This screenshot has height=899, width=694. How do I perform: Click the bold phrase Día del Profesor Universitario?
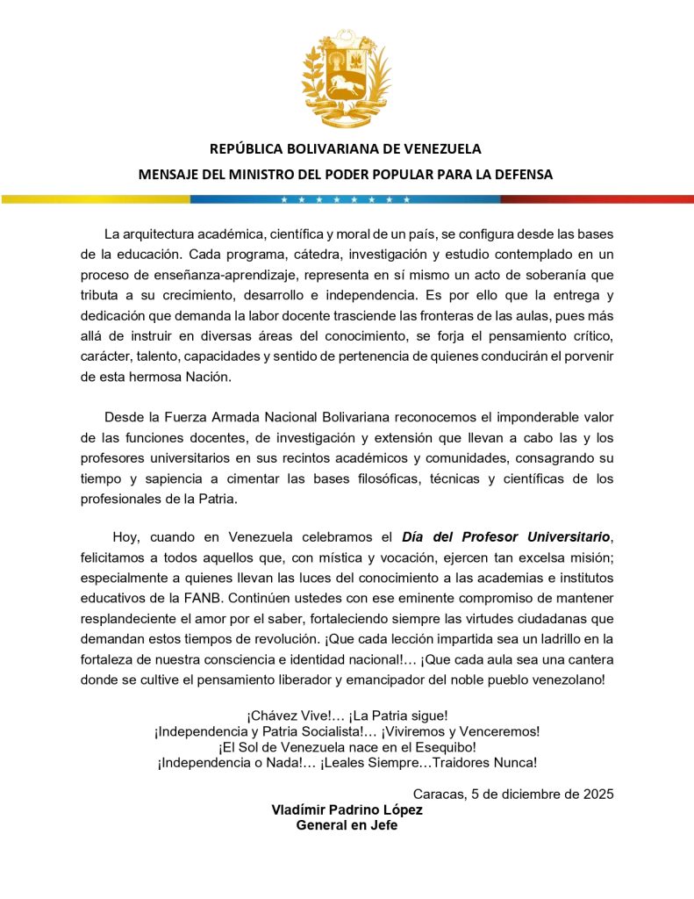point(505,536)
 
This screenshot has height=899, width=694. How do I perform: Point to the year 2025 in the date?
point(597,794)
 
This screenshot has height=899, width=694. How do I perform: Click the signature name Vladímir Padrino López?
point(347,809)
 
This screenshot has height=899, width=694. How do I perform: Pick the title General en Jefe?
point(347,825)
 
